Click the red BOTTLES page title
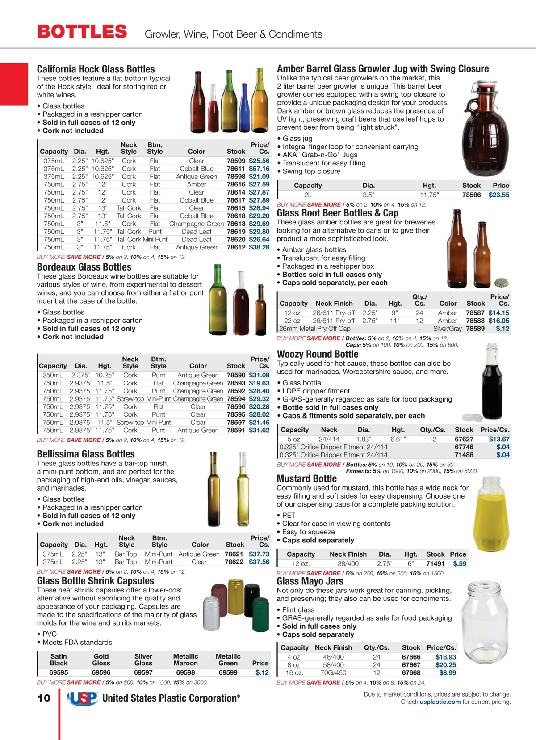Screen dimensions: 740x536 (82, 32)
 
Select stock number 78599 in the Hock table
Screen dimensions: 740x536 (236, 161)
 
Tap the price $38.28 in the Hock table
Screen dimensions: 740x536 (259, 247)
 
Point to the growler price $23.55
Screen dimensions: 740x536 (498, 195)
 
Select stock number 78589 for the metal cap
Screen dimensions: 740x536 (475, 329)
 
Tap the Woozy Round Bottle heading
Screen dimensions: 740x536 (318, 354)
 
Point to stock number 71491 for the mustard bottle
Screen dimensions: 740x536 (435, 564)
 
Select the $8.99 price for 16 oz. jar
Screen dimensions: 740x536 (447, 673)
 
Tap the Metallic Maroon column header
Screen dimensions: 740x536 (185, 660)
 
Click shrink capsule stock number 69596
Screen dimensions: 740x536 (101, 672)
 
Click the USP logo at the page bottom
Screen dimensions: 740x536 (83, 698)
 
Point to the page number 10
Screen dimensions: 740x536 (44, 698)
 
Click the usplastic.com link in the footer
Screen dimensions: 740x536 (440, 702)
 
